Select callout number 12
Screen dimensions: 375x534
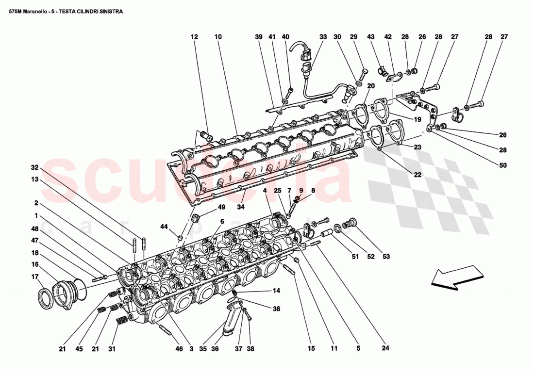[194, 37]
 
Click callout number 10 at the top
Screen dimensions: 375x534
[218, 37]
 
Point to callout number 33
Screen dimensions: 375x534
[323, 37]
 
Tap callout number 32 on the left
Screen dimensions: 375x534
[34, 167]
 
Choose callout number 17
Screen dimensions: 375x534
[34, 277]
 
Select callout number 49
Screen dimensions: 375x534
[221, 208]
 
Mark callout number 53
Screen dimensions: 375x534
[386, 257]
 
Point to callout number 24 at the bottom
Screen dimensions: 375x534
[385, 348]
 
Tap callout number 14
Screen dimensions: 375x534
[276, 291]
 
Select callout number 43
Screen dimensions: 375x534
[371, 37]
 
